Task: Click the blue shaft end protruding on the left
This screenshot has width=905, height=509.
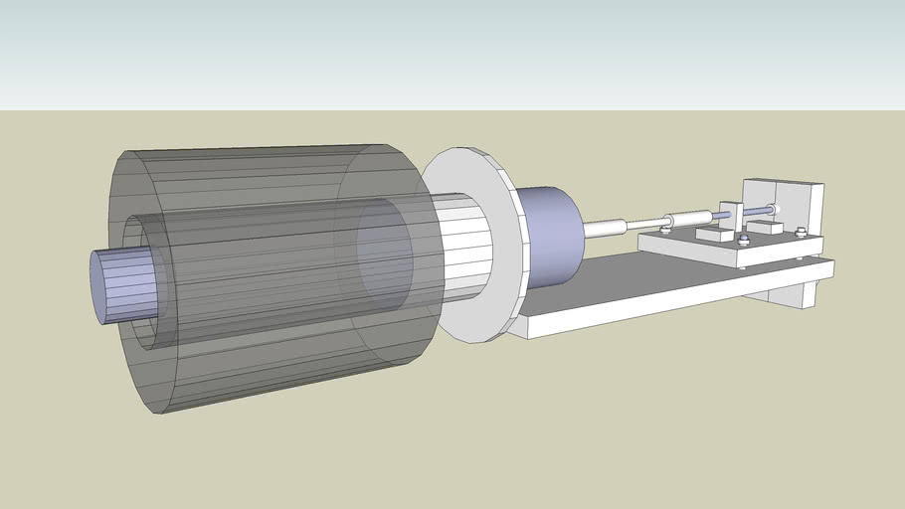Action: coord(114,286)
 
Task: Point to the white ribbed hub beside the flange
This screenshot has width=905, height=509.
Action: coord(467,244)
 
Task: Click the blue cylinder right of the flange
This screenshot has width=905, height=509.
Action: coord(550,236)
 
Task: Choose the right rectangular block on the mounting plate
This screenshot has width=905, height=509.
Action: coord(764,228)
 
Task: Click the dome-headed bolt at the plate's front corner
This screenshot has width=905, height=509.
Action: coord(742,241)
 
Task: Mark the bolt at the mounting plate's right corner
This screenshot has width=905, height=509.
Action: coord(801,233)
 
